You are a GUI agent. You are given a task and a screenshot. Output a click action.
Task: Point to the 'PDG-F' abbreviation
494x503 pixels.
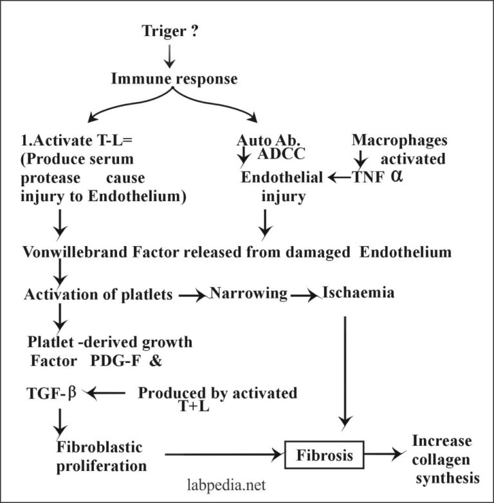coord(110,360)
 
